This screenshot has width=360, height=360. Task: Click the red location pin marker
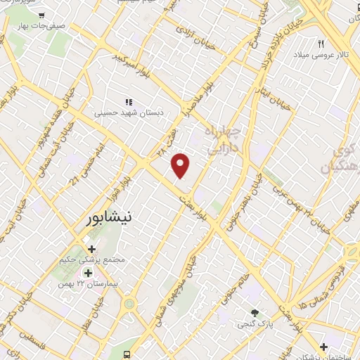[181, 165]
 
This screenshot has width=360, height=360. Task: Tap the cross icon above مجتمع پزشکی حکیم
[91, 249]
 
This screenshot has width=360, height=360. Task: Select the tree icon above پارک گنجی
[256, 312]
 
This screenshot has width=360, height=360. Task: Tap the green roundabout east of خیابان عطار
[129, 304]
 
